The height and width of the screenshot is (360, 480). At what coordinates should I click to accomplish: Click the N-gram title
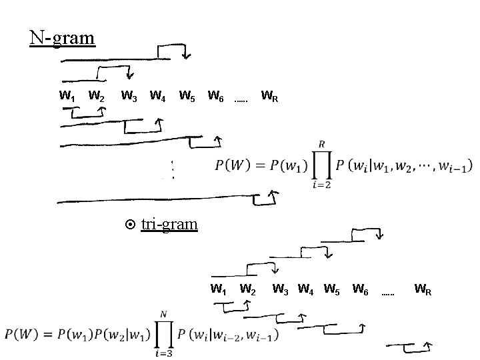(62, 37)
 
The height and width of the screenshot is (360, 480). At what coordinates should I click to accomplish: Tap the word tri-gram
(169, 223)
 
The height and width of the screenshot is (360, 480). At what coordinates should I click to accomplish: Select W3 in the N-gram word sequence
(129, 97)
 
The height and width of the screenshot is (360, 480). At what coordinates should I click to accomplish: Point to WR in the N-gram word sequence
(269, 97)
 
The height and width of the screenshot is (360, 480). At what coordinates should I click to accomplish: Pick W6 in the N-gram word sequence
(215, 97)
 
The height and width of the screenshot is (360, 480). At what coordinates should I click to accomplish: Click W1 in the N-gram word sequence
(67, 97)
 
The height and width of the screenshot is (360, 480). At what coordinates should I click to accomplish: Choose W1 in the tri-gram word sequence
(218, 289)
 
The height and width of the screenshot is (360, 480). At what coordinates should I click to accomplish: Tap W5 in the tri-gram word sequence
(332, 289)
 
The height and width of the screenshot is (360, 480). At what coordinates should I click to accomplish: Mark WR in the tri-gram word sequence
(423, 289)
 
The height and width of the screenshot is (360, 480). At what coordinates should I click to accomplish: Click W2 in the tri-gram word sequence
(248, 289)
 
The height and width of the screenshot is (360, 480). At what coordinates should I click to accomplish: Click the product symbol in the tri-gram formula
(163, 333)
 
